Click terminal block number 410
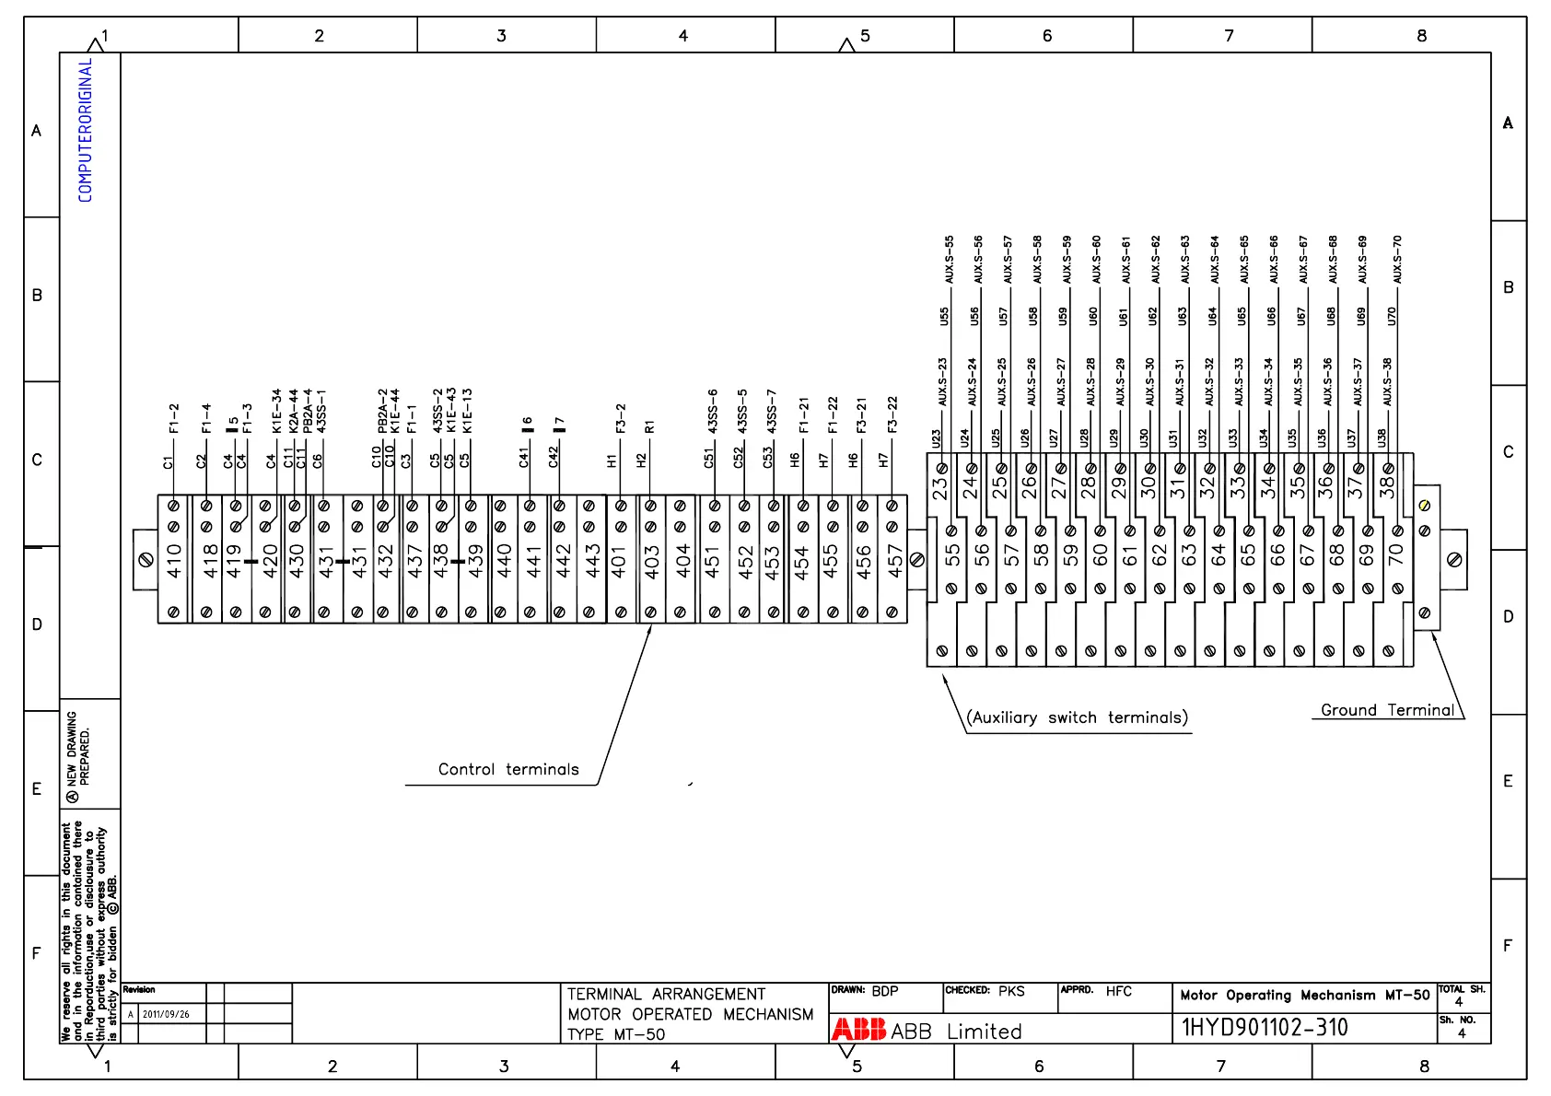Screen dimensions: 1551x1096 pyautogui.click(x=174, y=560)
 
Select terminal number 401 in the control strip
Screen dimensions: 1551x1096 pyautogui.click(x=620, y=560)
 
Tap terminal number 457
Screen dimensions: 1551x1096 pyautogui.click(x=893, y=560)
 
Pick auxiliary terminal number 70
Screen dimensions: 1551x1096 pyautogui.click(x=1396, y=554)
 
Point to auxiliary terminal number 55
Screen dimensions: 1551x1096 pyautogui.click(x=952, y=554)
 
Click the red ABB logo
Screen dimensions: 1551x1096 pyautogui.click(x=858, y=1030)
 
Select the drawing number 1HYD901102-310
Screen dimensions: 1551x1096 pyautogui.click(x=1265, y=1028)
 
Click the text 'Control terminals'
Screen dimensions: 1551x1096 pyautogui.click(x=508, y=770)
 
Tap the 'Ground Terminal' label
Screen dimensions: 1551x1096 pyautogui.click(x=1387, y=710)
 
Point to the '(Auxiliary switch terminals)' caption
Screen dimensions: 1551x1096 pyautogui.click(x=1077, y=717)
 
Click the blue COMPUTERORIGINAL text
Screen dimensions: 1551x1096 pyautogui.click(x=86, y=130)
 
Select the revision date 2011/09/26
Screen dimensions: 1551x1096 pyautogui.click(x=166, y=1014)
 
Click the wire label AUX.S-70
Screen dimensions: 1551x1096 pyautogui.click(x=1397, y=260)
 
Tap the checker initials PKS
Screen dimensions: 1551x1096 pyautogui.click(x=1011, y=991)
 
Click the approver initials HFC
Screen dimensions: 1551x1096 pyautogui.click(x=1118, y=991)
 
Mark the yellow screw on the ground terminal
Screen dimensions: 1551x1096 pyautogui.click(x=1425, y=505)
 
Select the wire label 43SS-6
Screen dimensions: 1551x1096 pyautogui.click(x=713, y=411)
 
